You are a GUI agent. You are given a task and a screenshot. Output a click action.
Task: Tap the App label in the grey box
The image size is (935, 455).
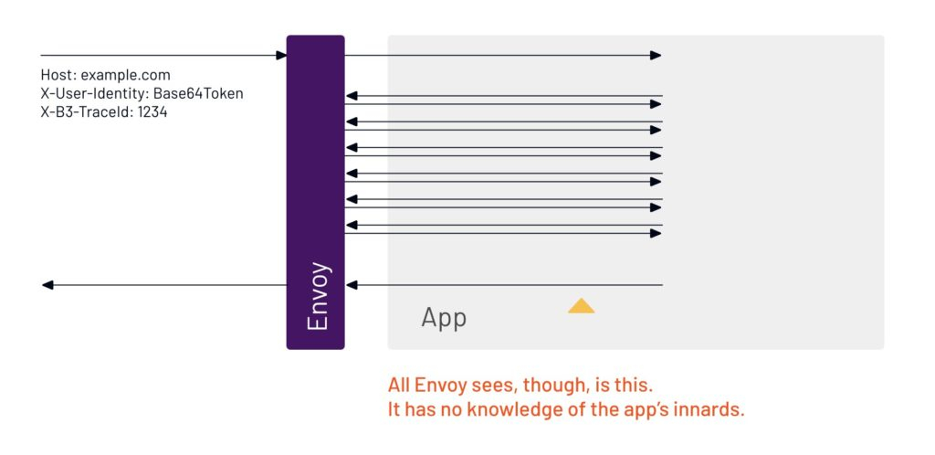point(444,318)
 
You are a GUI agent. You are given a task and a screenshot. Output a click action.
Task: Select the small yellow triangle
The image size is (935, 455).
point(581,305)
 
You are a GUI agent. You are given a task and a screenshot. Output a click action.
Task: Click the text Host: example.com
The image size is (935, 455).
point(106,75)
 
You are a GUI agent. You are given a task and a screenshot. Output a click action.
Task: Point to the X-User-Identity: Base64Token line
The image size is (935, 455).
point(142,93)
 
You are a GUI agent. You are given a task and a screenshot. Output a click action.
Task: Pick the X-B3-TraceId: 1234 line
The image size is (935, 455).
point(104,111)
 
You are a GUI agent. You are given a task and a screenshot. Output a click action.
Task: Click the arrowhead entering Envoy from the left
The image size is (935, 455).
point(281,56)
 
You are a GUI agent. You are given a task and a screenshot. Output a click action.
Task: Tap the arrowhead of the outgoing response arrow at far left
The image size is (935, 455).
point(47,285)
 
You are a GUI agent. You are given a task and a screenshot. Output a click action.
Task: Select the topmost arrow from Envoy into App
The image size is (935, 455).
point(502,56)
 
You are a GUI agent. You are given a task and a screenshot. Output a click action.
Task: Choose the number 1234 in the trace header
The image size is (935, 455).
point(152,111)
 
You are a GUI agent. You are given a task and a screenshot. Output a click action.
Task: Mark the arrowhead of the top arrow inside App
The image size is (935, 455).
point(656,56)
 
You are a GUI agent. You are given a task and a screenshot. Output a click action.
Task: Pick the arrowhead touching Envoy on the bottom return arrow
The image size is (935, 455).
point(352,285)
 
